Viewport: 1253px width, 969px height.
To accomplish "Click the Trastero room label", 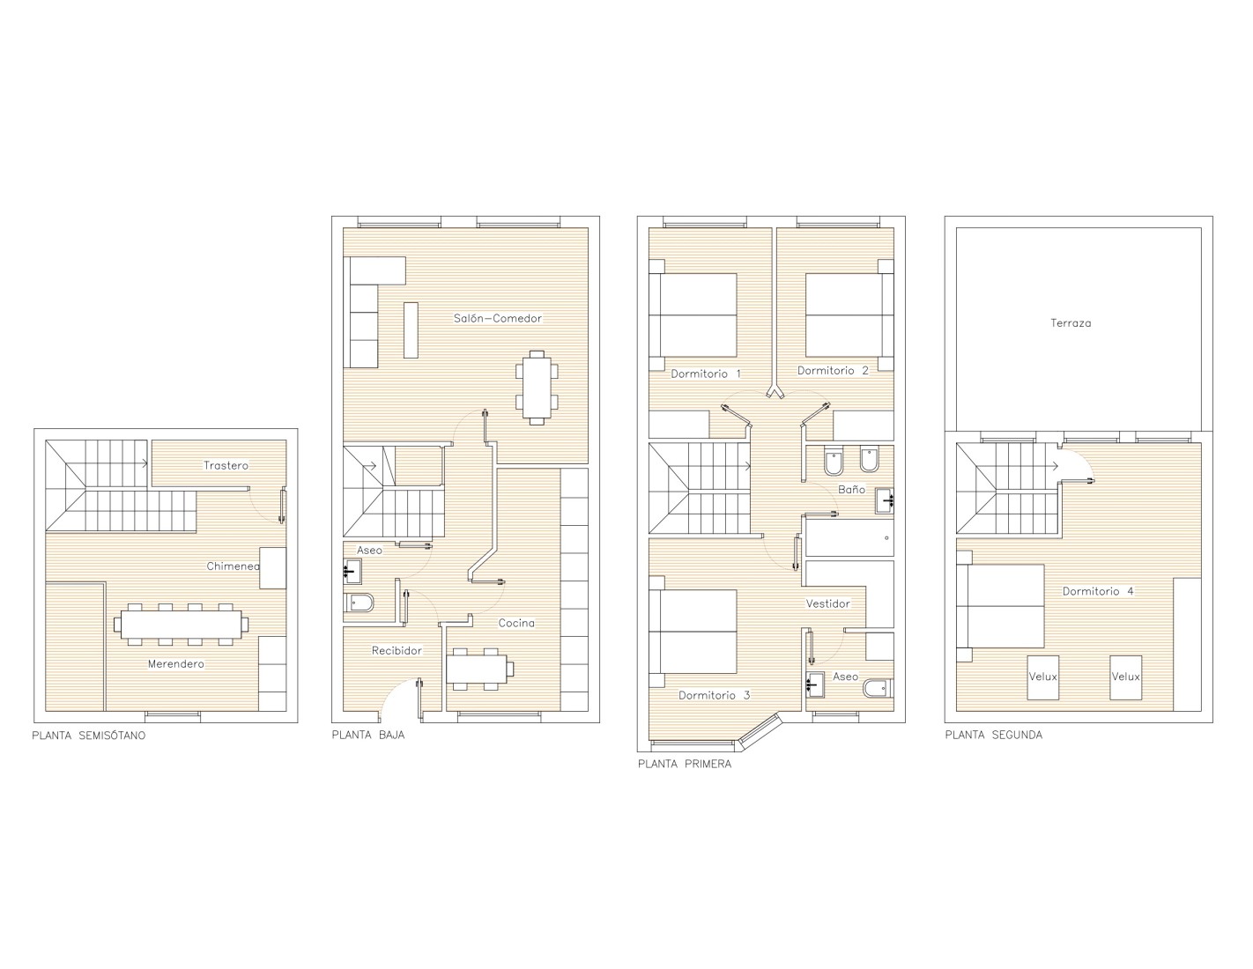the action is pyautogui.click(x=226, y=465).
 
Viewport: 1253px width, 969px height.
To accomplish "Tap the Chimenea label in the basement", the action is pyautogui.click(x=233, y=566).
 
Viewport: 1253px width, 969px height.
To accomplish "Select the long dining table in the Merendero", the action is pyautogui.click(x=181, y=625).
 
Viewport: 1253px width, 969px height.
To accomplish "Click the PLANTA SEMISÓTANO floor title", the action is pyautogui.click(x=89, y=736).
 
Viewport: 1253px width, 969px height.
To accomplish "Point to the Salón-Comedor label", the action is pyautogui.click(x=497, y=318).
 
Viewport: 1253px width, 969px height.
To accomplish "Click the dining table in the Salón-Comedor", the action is pyautogui.click(x=537, y=388).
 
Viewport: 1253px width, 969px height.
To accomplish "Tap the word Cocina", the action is pyautogui.click(x=516, y=623).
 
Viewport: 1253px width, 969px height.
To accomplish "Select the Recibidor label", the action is pyautogui.click(x=397, y=651).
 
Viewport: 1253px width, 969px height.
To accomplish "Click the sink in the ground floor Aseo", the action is pyautogui.click(x=352, y=571).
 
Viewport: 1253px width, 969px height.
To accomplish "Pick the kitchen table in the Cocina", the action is pyautogui.click(x=477, y=669).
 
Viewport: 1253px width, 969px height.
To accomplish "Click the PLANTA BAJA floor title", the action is pyautogui.click(x=368, y=735).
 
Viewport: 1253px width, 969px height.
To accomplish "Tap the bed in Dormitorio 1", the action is pyautogui.click(x=693, y=314).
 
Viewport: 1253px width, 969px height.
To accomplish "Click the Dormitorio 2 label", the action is pyautogui.click(x=833, y=371).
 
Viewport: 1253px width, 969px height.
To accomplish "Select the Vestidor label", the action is pyautogui.click(x=827, y=603).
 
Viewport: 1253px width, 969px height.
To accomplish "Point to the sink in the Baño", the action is pyautogui.click(x=885, y=500).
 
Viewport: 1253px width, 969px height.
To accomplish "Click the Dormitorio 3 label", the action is pyautogui.click(x=714, y=695).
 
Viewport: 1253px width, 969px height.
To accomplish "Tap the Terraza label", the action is pyautogui.click(x=1071, y=323).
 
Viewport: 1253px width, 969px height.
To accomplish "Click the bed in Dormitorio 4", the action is pyautogui.click(x=1000, y=606).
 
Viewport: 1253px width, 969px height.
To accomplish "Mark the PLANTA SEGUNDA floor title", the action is pyautogui.click(x=994, y=735).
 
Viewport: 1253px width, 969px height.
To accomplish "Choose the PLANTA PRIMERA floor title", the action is pyautogui.click(x=685, y=764).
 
